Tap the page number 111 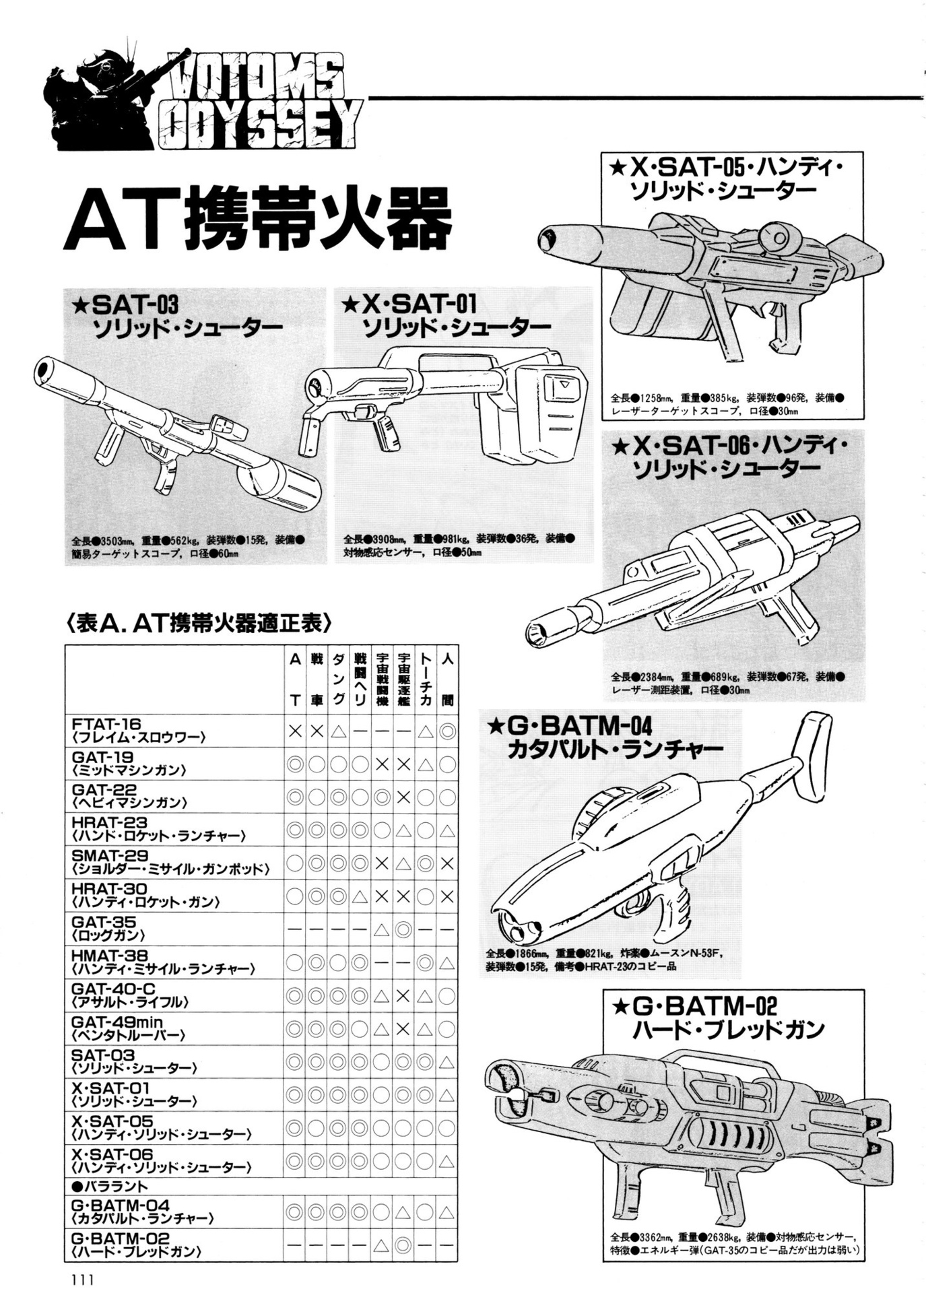pyautogui.click(x=79, y=1278)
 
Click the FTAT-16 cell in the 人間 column pyautogui.click(x=447, y=731)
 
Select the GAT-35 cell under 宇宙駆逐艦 pyautogui.click(x=403, y=929)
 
